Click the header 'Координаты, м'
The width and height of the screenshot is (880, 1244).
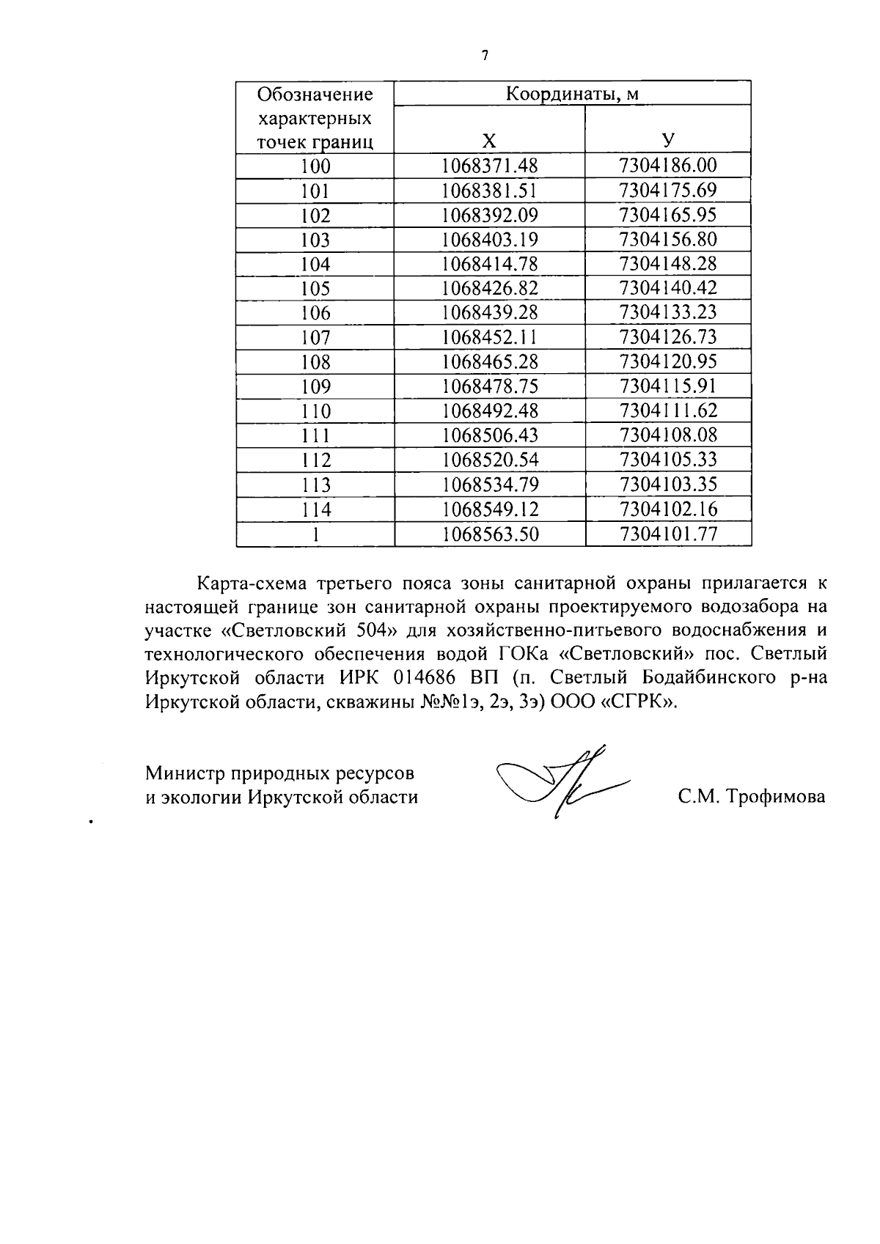coord(572,94)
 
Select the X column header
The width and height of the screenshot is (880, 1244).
coord(489,141)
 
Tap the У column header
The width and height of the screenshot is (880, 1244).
coord(668,141)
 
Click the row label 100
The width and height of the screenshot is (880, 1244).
coord(315,166)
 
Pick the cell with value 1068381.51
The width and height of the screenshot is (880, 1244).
coord(489,191)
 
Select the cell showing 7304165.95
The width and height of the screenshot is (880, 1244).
coord(668,216)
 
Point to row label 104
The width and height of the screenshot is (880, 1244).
coord(315,265)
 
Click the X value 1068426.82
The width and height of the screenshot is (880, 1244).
coord(489,289)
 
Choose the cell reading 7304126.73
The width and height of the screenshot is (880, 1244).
coord(668,338)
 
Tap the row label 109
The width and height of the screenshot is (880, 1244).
coord(315,387)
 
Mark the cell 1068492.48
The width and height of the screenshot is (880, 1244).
coord(489,411)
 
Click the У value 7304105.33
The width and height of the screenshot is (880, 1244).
coord(668,460)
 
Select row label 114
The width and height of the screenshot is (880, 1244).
coord(315,509)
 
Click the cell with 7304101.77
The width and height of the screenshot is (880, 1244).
coord(668,534)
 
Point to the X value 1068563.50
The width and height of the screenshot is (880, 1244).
coord(489,534)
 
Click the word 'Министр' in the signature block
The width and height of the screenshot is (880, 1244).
coord(185,773)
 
